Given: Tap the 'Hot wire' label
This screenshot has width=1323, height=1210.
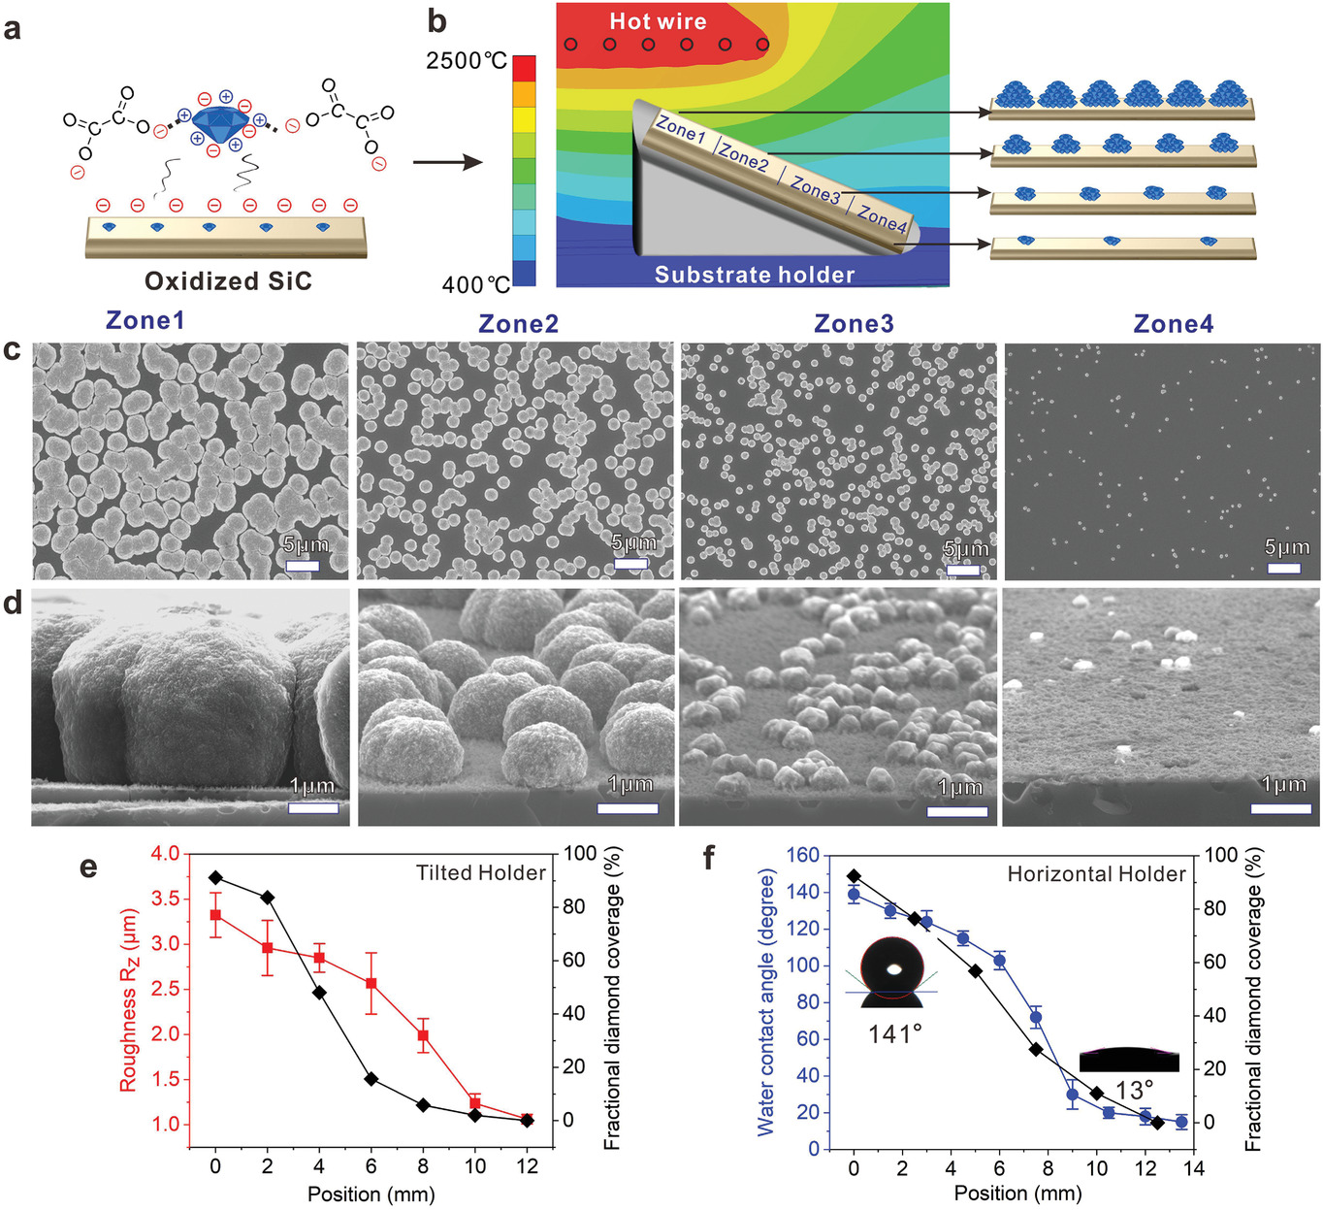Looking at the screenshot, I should pos(658,21).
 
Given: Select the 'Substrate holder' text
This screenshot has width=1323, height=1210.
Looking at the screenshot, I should pos(754,275).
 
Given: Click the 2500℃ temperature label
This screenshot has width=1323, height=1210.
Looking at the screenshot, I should pos(467,61).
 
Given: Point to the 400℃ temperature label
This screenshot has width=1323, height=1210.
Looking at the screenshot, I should pos(475,284).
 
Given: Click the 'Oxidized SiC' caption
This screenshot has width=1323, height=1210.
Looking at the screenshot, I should pos(228,281).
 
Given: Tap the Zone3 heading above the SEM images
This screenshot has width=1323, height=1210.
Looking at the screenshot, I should pos(854,323).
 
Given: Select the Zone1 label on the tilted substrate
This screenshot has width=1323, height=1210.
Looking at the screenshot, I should pos(681,128).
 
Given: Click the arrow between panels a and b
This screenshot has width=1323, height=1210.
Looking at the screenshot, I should pos(447,161).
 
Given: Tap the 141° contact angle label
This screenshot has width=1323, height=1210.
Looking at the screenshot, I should pos(894,1034).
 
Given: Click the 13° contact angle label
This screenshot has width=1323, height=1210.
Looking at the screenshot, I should pos(1134,1091).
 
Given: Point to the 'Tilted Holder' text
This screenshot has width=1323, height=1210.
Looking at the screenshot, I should pos(481,873).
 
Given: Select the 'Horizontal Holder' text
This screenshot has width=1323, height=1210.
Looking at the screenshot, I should pos(1096,874).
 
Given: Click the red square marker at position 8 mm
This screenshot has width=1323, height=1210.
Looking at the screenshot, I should pos(423,1035).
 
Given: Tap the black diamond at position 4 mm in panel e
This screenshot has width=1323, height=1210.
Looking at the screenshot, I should pos(319,993).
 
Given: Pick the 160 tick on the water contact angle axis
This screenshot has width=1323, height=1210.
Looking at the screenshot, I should pos(803,855).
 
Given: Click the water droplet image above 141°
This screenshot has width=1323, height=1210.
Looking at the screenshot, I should pos(891,971).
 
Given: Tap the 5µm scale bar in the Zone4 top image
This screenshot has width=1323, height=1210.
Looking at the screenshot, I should pos(1283,568).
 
